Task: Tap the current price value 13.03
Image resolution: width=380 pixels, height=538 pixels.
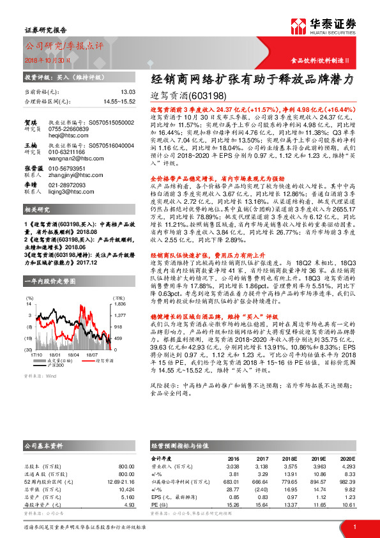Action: click(x=128, y=92)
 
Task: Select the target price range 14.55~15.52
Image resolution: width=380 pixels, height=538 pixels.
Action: click(x=118, y=101)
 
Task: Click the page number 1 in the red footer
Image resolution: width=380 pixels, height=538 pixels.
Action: click(x=354, y=526)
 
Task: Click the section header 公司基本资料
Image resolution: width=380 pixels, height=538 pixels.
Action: click(x=43, y=445)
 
